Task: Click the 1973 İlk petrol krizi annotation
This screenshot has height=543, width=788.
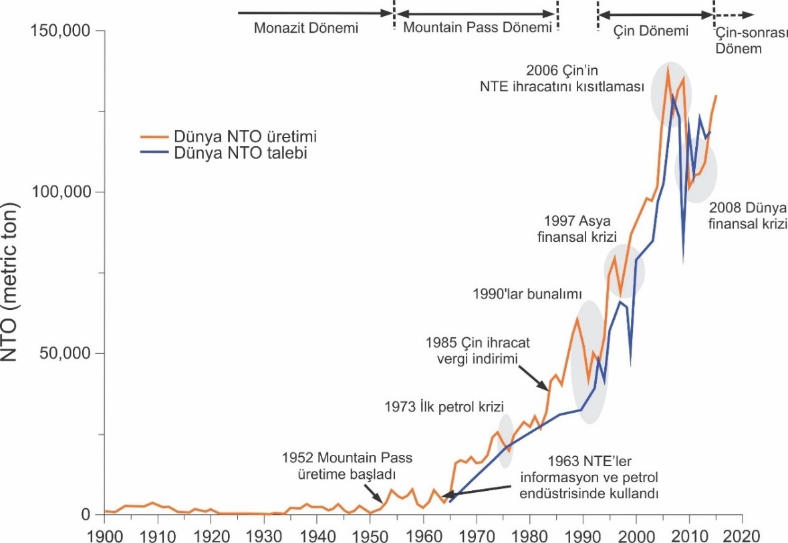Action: point(444,405)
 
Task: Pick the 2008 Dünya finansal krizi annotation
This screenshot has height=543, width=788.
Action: point(747,215)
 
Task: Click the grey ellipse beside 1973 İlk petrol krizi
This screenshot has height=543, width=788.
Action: point(506,435)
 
